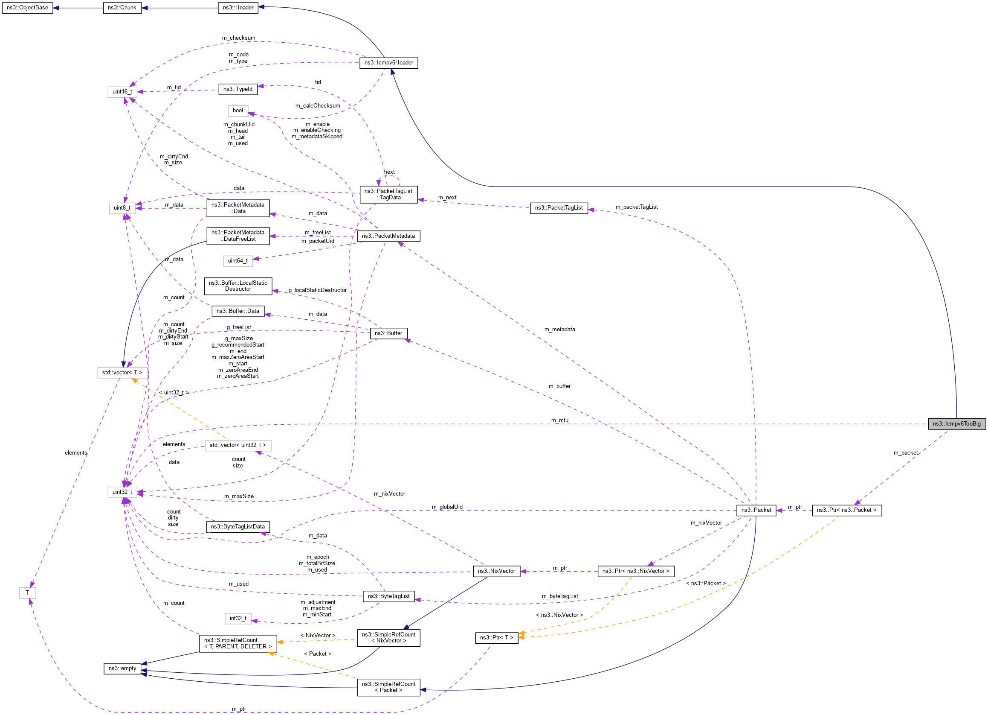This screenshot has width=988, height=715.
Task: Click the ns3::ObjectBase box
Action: (x=27, y=8)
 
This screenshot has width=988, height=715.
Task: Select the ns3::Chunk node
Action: (x=122, y=8)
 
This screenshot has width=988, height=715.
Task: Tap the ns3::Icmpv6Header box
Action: (x=388, y=63)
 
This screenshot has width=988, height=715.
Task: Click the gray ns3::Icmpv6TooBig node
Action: (x=956, y=424)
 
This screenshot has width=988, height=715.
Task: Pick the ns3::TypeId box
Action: (x=238, y=89)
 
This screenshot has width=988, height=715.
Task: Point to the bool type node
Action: (x=238, y=111)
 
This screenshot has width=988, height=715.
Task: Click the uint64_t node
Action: (x=238, y=261)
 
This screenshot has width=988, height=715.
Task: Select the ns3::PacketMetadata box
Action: (x=388, y=236)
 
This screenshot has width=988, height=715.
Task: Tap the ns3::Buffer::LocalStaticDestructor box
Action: (x=238, y=286)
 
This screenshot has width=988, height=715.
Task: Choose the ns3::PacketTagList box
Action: (x=559, y=208)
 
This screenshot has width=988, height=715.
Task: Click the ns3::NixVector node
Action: (x=497, y=571)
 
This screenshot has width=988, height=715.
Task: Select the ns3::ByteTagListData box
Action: (x=238, y=527)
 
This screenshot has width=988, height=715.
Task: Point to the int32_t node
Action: (x=238, y=619)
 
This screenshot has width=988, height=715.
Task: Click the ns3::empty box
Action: (x=122, y=668)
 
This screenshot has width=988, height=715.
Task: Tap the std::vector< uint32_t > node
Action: (x=238, y=445)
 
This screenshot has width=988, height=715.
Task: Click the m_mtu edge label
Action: (x=560, y=421)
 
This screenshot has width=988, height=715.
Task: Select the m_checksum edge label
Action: (x=239, y=38)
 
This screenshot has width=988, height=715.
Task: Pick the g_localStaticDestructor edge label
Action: (x=318, y=290)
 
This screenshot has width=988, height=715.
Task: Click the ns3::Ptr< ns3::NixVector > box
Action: (x=636, y=571)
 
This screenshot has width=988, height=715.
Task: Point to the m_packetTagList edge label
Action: (x=637, y=207)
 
